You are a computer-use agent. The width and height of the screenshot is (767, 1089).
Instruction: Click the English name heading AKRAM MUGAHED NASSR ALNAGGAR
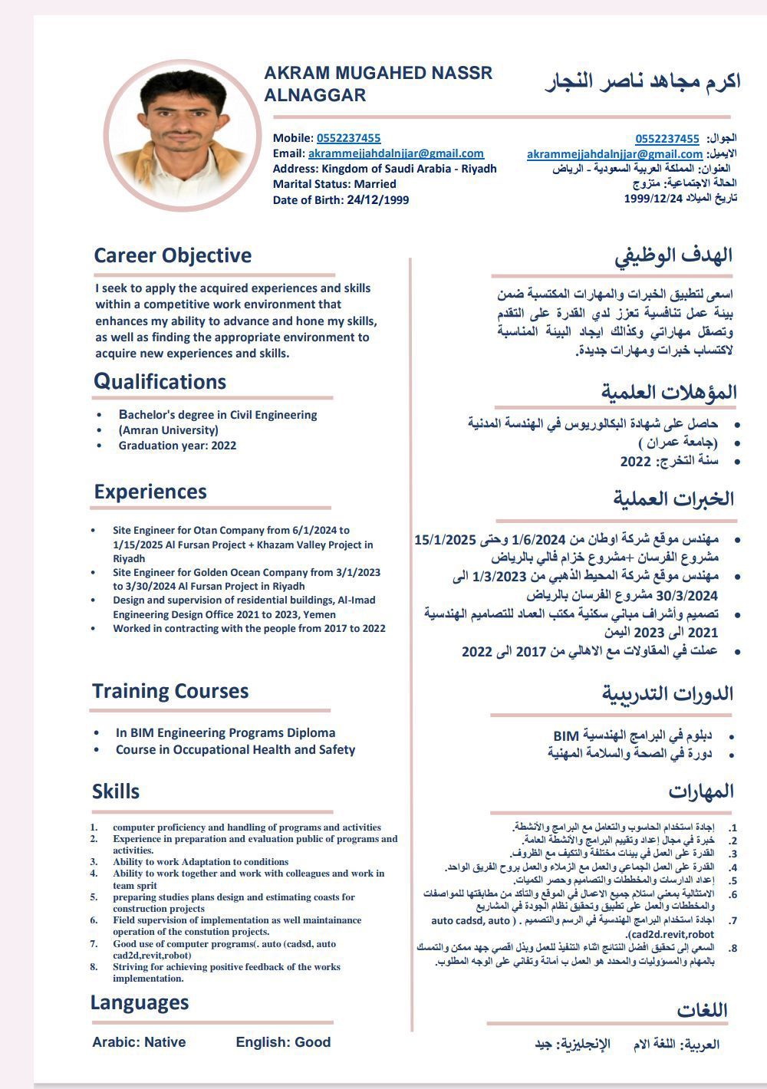pyautogui.click(x=378, y=84)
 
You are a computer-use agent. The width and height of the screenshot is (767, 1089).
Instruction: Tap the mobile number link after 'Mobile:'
pyautogui.click(x=348, y=138)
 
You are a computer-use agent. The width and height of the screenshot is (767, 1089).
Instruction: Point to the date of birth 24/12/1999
pyautogui.click(x=377, y=200)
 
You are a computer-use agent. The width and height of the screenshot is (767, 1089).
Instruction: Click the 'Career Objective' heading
pyautogui.click(x=173, y=255)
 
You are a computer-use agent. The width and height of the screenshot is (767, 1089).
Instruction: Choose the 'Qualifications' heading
pyautogui.click(x=160, y=381)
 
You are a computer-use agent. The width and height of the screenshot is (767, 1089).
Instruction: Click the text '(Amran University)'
pyautogui.click(x=168, y=430)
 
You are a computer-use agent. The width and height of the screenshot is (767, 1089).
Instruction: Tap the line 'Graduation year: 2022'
pyautogui.click(x=177, y=446)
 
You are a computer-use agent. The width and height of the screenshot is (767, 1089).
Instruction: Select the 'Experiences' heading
pyautogui.click(x=150, y=492)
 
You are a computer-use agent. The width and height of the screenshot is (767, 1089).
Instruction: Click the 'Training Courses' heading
pyautogui.click(x=170, y=691)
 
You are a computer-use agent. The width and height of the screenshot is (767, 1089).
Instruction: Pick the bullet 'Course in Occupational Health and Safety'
pyautogui.click(x=235, y=750)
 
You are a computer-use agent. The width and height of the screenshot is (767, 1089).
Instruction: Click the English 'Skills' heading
pyautogui.click(x=116, y=791)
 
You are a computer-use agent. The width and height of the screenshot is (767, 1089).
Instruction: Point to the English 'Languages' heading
pyautogui.click(x=140, y=1002)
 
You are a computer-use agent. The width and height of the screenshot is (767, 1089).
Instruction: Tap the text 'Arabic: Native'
pyautogui.click(x=139, y=1042)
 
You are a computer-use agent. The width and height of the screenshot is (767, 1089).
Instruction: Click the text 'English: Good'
pyautogui.click(x=283, y=1042)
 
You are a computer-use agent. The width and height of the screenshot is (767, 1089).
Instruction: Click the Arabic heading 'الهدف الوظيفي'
pyautogui.click(x=673, y=256)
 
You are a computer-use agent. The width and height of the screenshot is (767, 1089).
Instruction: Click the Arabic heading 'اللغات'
pyautogui.click(x=702, y=1010)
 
